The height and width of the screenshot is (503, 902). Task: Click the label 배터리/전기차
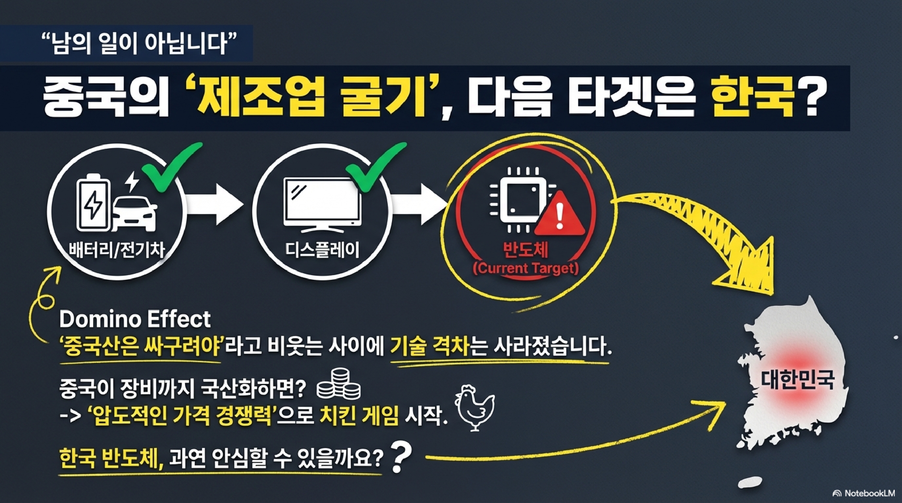pyautogui.click(x=117, y=250)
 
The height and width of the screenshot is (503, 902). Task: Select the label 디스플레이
pyautogui.click(x=322, y=250)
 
